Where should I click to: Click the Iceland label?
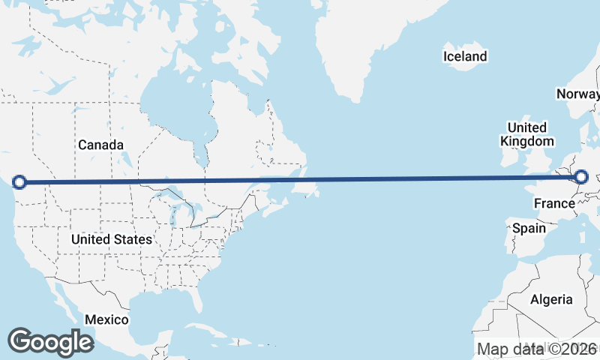465,56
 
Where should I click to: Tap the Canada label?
100,144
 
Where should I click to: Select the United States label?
112,239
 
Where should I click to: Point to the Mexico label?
106,319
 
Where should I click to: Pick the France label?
554,203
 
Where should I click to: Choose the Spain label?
528,228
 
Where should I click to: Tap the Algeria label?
551,300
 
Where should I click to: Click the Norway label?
577,94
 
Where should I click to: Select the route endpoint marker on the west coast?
20,181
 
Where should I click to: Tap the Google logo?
50,342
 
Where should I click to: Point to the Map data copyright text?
537,349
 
